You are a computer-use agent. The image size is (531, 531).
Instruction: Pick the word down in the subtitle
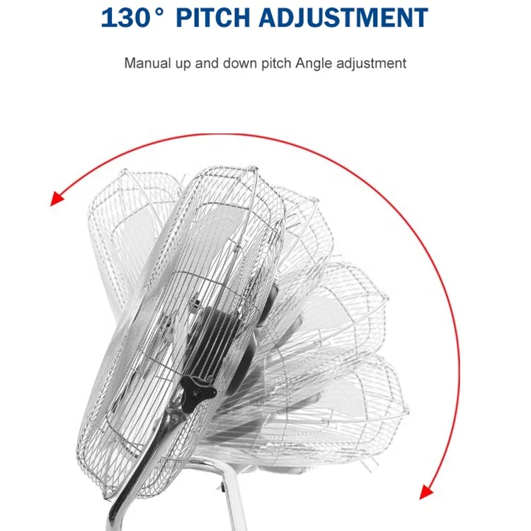[237, 63]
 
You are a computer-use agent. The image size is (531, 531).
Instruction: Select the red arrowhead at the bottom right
[426, 491]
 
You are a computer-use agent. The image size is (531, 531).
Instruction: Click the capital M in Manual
[130, 63]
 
